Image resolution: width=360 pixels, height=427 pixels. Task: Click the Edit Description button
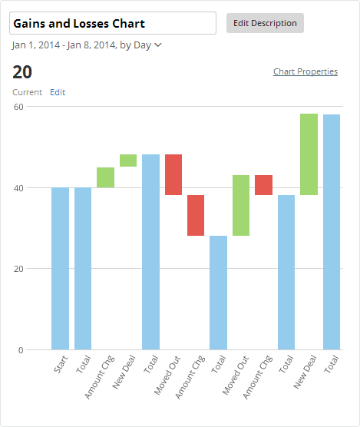[x=265, y=23]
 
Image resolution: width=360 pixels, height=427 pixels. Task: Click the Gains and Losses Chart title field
[x=113, y=24]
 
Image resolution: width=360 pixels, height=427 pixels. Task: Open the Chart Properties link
[x=305, y=71]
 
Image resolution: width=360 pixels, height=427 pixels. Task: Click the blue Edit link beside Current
[x=58, y=92]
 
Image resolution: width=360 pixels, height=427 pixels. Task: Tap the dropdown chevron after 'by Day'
[x=158, y=45]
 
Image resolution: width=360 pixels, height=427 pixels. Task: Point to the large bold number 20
[x=22, y=72]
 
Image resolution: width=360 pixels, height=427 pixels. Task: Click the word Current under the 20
[x=28, y=92]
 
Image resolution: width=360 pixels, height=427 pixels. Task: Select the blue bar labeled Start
[x=61, y=269]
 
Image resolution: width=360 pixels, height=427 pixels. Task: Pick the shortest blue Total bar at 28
[x=218, y=293]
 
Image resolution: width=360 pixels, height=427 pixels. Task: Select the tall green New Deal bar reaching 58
[x=309, y=154]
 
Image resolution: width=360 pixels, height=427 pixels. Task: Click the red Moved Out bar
[x=173, y=174]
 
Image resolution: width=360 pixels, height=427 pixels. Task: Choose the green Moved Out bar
[x=241, y=205]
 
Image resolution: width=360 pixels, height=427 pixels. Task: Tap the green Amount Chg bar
[x=105, y=177]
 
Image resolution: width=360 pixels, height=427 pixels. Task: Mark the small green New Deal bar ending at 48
[x=128, y=161]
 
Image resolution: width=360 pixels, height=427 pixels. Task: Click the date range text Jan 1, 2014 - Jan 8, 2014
[x=64, y=45]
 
